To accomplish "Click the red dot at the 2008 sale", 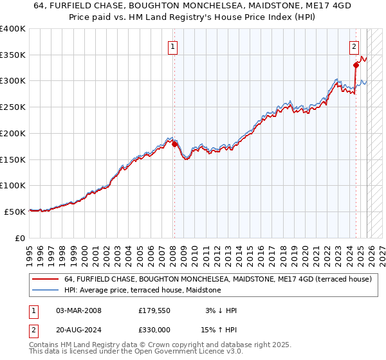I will point(174,144).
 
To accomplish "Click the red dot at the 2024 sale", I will point(356,64).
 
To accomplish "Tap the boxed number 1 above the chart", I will point(174,46).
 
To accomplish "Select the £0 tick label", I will point(19,238).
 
